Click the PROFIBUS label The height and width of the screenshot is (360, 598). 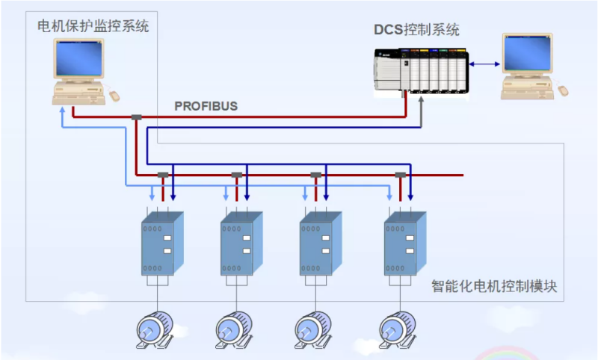coord(206,106)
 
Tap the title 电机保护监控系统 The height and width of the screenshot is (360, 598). coord(93,27)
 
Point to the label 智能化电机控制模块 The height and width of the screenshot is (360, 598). coord(494,286)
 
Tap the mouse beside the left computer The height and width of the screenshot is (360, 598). coord(114,95)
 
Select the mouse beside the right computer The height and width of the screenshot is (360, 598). coord(563,90)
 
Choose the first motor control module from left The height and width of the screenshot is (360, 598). coord(162,243)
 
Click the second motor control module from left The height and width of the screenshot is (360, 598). coord(241,243)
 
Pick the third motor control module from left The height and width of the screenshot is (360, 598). coord(320,243)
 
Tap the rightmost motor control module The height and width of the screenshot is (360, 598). coord(405,243)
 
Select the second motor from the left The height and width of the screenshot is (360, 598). coord(234,329)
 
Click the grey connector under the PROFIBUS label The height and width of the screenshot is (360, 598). coord(136,117)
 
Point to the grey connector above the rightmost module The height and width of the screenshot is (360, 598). coord(401,176)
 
